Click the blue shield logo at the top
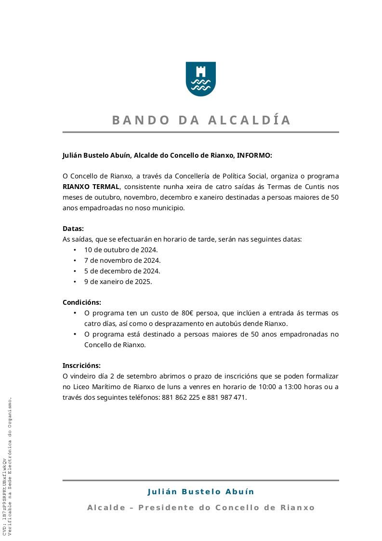coord(200,79)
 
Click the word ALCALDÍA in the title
coord(250,120)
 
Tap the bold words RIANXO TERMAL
coord(91,187)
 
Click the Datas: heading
coord(73,229)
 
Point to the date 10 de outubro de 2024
coord(121,250)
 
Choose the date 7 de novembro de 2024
coord(122,260)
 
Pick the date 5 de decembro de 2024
coord(122,271)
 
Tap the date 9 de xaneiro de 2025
coord(118,282)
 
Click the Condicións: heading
coord(82,302)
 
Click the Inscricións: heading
coord(81,365)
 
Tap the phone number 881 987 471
coord(226,398)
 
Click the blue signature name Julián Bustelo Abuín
coord(200,492)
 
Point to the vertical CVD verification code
coord(4,497)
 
